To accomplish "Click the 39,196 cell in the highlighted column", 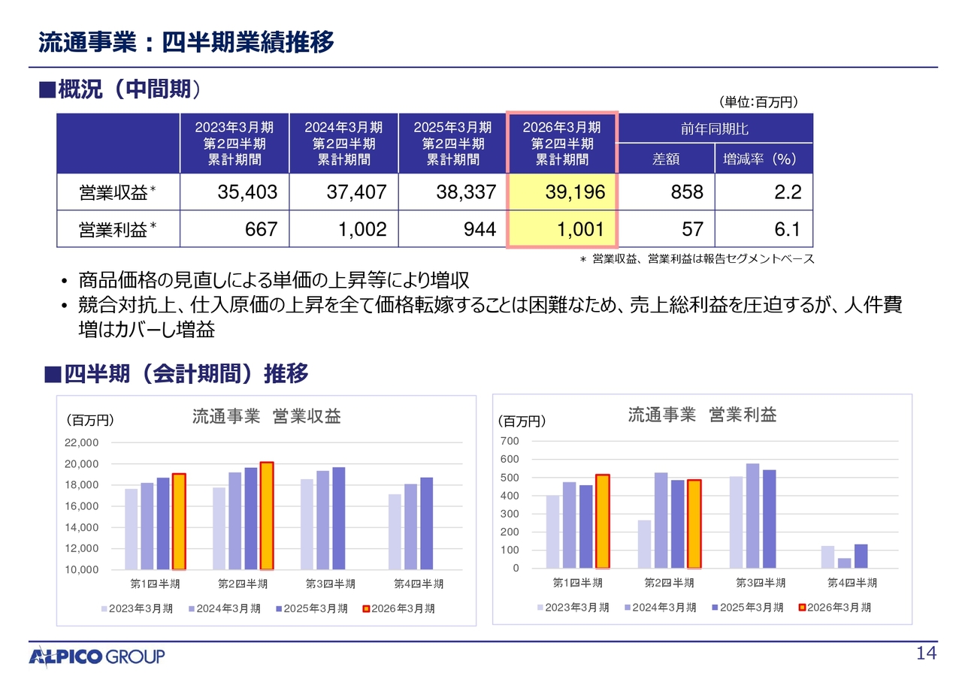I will click(575, 193).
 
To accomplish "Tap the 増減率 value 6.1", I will click(787, 229).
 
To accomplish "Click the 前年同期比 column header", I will click(714, 129).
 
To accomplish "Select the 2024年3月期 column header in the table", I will click(343, 143).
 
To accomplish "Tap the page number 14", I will click(927, 654).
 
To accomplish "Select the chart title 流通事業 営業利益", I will click(702, 415).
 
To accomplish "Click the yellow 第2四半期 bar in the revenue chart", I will click(266, 515).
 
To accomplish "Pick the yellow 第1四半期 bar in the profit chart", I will click(602, 521).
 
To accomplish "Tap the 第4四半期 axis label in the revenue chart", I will click(419, 584).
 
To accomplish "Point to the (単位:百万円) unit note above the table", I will click(757, 101).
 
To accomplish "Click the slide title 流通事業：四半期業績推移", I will click(186, 43).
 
